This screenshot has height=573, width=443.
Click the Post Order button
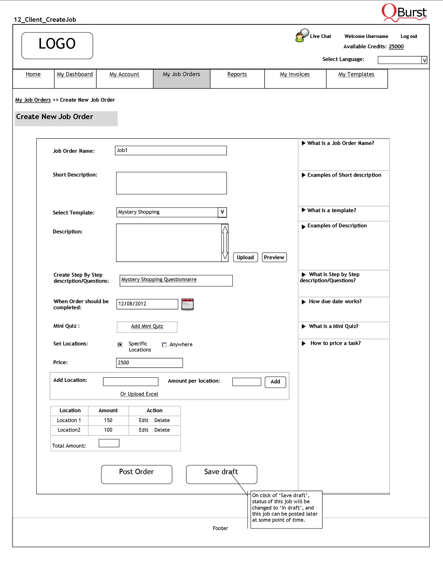[136, 474]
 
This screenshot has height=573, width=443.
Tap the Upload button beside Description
[245, 257]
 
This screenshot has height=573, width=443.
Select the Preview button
[274, 257]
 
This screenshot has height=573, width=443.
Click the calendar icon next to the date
[187, 304]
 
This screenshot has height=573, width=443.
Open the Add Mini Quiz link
[147, 326]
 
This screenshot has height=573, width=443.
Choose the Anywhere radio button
[164, 345]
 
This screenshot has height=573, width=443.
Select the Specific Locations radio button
[120, 345]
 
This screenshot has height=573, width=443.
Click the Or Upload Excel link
[139, 394]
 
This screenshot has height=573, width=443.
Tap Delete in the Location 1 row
[162, 420]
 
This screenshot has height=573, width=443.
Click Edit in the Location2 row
[143, 430]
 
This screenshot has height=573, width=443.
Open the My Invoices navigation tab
[294, 75]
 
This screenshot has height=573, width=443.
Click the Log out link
[409, 36]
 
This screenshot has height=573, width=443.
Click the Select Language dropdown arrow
[424, 60]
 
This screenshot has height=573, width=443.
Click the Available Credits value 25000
[396, 47]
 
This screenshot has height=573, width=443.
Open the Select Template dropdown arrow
[222, 212]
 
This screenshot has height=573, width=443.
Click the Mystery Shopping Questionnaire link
[159, 280]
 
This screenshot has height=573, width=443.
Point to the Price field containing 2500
[149, 363]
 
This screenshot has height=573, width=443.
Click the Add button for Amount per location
[275, 382]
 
